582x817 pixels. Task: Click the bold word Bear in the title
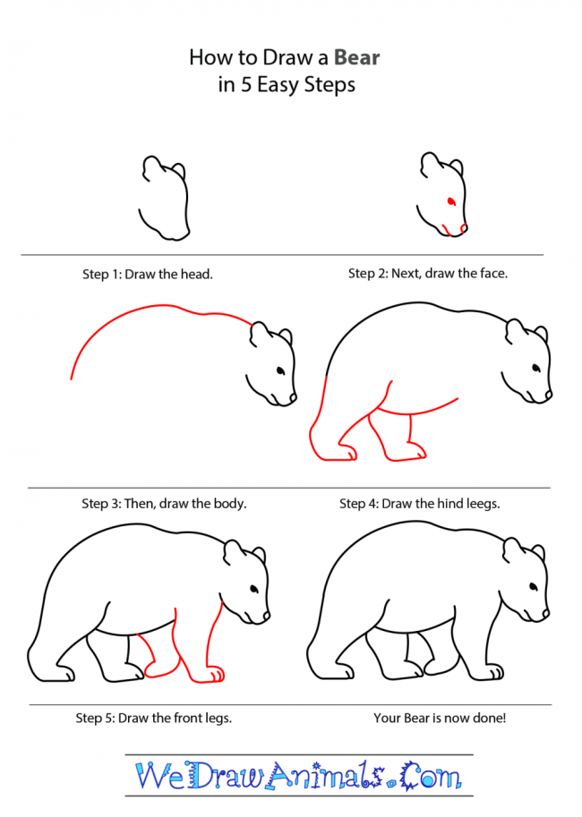point(356,57)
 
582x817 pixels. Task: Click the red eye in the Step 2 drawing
point(451,201)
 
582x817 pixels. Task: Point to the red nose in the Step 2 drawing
point(464,227)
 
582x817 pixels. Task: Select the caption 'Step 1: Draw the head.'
point(148,274)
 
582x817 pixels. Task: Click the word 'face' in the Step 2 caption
point(492,273)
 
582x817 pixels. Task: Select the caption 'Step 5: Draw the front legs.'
point(154,718)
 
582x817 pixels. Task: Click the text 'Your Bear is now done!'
point(440,718)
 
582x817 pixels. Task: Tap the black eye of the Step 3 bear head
point(280,371)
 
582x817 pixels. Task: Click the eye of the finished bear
point(534,587)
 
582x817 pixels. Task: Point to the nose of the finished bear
point(546,614)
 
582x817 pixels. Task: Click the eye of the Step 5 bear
point(254,590)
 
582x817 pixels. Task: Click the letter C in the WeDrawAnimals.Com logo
point(411,776)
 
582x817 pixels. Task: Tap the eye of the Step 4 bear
point(535,369)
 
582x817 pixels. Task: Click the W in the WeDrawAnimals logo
point(151,776)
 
